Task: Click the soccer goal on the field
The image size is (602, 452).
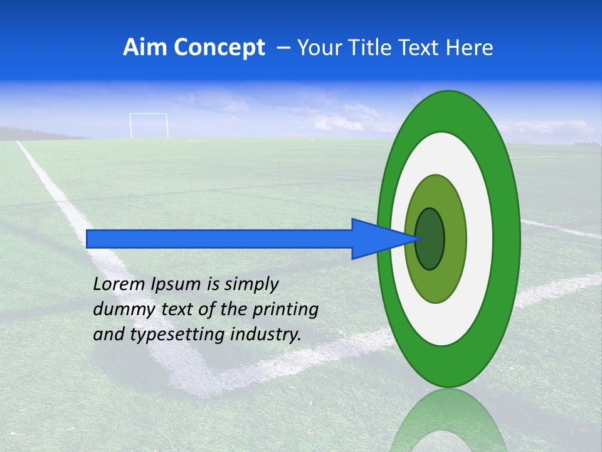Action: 149,126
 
